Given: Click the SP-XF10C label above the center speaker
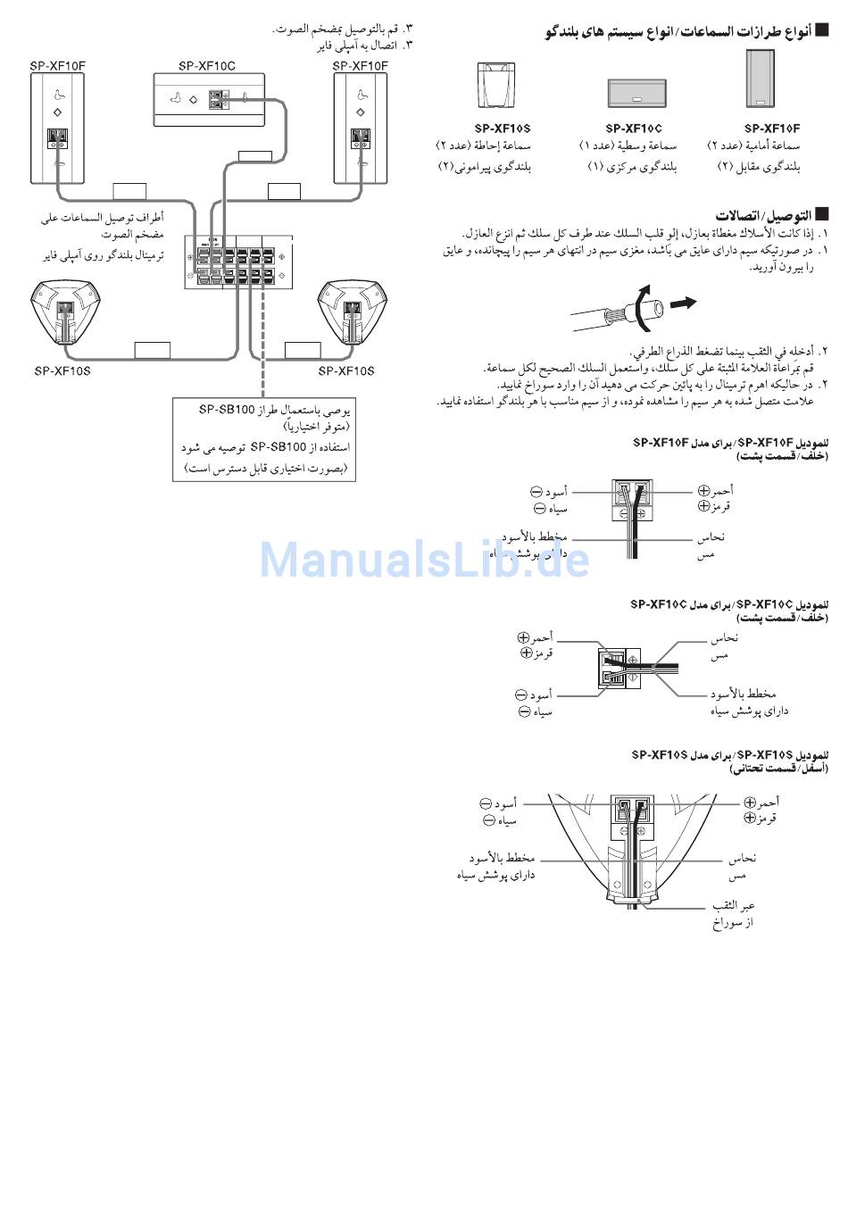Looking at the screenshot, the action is coord(206,65).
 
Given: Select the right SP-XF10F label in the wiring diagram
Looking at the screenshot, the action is coord(360,65).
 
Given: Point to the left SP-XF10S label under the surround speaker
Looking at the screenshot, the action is coord(62,370).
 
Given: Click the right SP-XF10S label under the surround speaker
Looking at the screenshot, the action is coord(346,370).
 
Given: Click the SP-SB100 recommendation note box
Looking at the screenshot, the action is coord(264,439).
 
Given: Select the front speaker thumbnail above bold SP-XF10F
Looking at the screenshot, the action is coord(760,79).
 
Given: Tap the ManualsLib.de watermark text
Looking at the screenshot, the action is coord(424,560).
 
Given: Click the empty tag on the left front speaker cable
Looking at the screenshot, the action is coord(129,190).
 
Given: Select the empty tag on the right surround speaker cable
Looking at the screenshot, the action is coord(303,349).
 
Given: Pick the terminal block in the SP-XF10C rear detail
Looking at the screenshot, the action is coord(613,669).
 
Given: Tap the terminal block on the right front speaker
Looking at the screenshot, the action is coord(360,139).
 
